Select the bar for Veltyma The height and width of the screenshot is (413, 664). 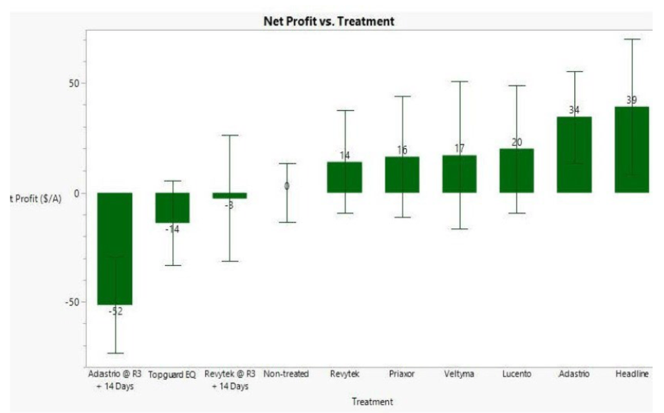click(x=459, y=174)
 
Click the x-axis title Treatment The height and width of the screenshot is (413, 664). click(x=372, y=402)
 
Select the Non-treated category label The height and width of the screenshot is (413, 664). click(x=286, y=374)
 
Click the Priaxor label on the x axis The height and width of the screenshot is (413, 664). click(x=402, y=374)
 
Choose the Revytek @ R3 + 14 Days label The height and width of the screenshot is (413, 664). click(x=229, y=380)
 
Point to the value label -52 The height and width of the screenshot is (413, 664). click(x=115, y=312)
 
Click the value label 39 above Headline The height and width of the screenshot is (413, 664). click(x=632, y=101)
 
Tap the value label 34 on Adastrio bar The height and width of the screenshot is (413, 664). click(x=574, y=110)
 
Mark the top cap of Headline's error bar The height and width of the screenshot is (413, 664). click(x=632, y=39)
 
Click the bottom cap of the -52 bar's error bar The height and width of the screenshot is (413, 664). click(x=115, y=353)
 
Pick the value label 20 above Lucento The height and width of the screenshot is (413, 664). click(x=516, y=143)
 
